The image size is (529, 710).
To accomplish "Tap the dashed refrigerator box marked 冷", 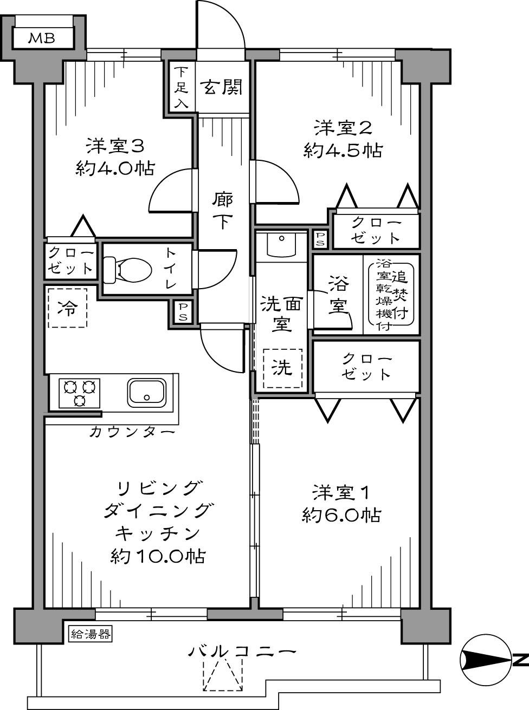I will [x=67, y=308].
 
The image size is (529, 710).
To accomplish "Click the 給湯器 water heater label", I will [x=91, y=634].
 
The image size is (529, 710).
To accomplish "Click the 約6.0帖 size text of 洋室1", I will [x=340, y=515].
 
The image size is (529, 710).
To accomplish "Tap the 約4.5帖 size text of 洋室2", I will [x=343, y=150].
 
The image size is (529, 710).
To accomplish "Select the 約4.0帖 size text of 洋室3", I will [x=115, y=168].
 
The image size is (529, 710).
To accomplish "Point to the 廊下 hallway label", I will [x=222, y=211].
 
